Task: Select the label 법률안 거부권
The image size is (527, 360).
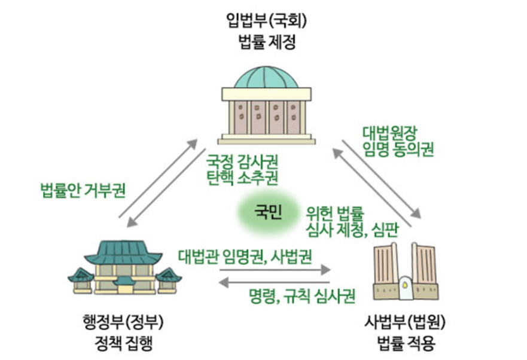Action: [x=83, y=191]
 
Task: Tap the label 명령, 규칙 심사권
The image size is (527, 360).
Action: [x=303, y=295]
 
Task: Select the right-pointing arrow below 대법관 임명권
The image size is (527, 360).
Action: [x=275, y=270]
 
